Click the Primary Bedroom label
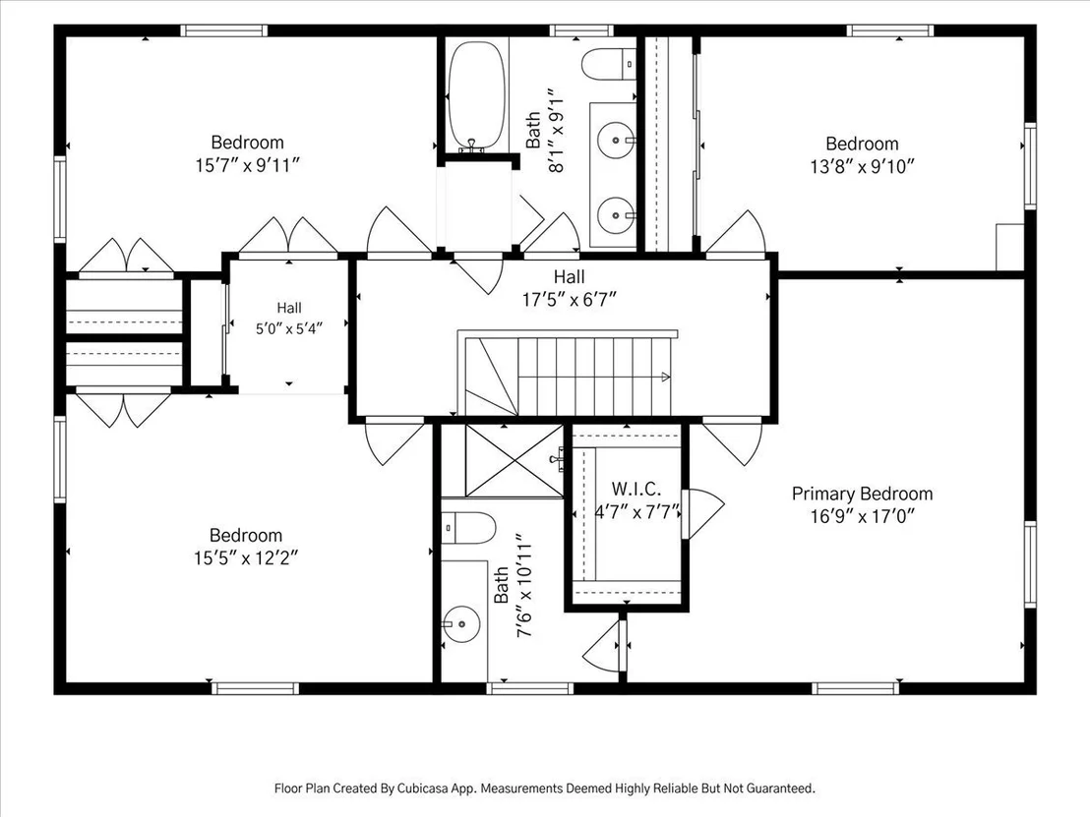[862, 494]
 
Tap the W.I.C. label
[636, 489]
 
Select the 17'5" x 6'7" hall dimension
[570, 300]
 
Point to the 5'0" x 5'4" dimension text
[289, 328]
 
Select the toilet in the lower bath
[468, 527]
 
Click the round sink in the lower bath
[460, 624]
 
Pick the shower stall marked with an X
[514, 460]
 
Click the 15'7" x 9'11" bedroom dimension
[248, 165]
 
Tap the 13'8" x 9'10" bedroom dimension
[862, 167]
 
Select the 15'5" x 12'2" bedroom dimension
[246, 557]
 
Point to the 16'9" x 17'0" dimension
[862, 516]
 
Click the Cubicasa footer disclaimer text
[545, 788]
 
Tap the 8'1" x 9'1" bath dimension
[556, 130]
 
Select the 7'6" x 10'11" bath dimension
[523, 586]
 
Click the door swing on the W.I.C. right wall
[703, 513]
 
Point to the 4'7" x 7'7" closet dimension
[636, 512]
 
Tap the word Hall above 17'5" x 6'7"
[570, 276]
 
